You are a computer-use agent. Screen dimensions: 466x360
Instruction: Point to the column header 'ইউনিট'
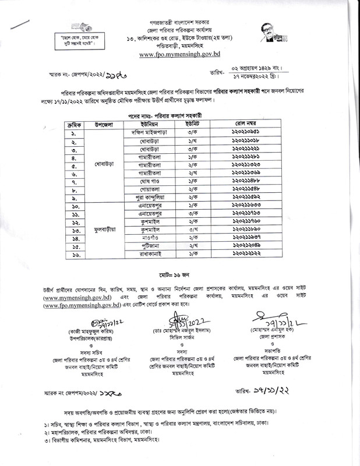pos(189,124)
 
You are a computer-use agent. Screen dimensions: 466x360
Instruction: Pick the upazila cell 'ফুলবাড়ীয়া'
pos(102,230)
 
